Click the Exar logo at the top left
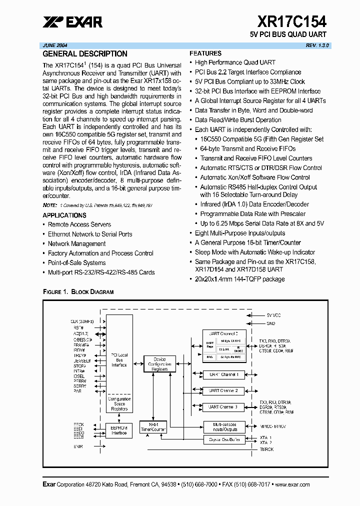click(x=72, y=21)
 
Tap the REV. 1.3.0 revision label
click(x=317, y=45)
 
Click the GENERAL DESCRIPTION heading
click(x=85, y=54)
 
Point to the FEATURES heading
click(x=205, y=53)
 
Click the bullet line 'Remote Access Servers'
click(x=79, y=224)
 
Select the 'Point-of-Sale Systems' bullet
click(x=76, y=263)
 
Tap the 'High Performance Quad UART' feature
click(x=235, y=62)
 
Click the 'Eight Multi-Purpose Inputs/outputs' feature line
click(x=240, y=233)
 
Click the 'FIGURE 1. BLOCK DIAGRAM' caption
click(x=78, y=291)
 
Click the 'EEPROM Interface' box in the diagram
click(x=119, y=430)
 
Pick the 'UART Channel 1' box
click(x=223, y=374)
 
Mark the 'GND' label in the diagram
click(x=270, y=323)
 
